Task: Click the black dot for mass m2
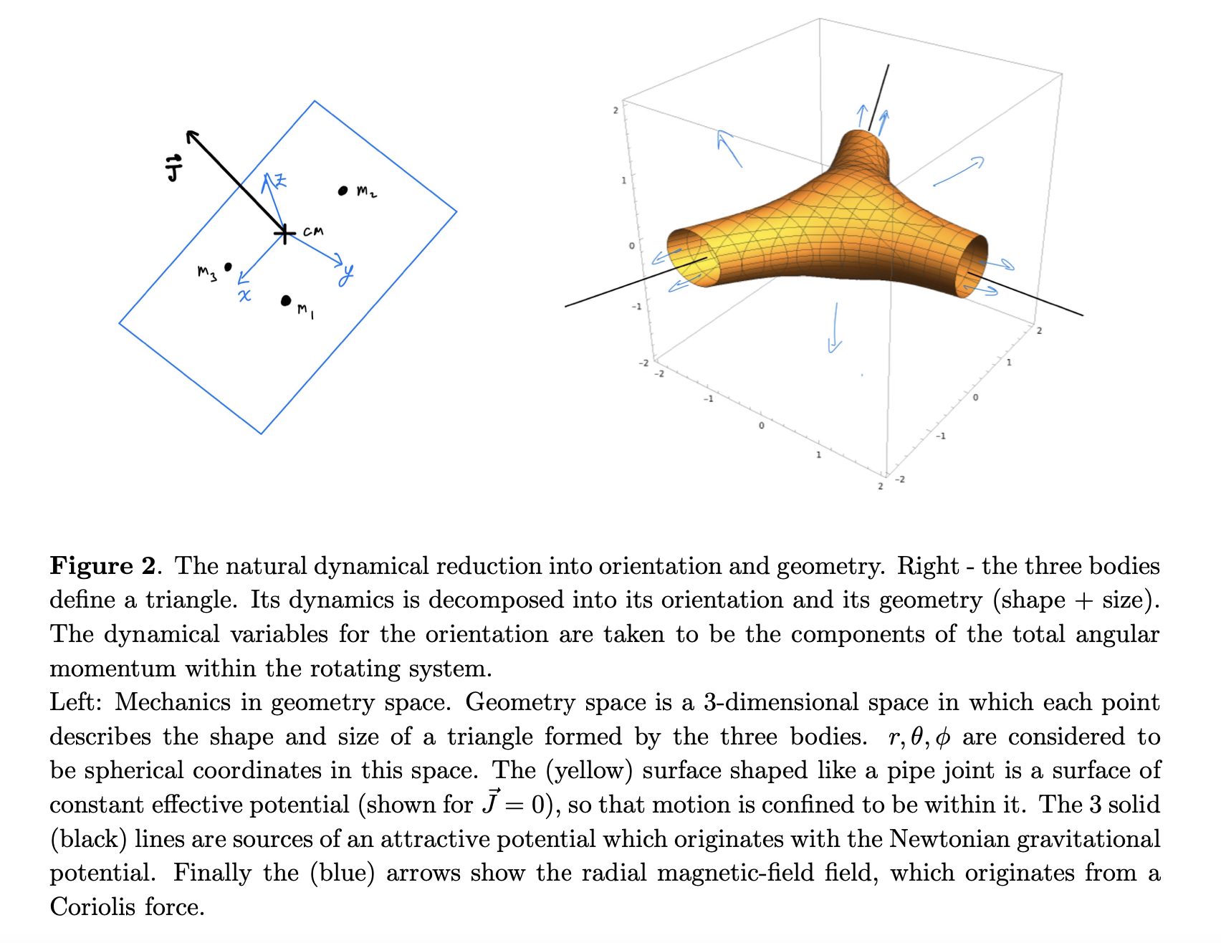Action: point(343,191)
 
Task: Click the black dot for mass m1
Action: point(286,300)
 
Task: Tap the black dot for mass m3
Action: point(228,267)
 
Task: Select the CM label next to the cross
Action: point(313,231)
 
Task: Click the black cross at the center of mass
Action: point(284,233)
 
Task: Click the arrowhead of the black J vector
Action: point(191,135)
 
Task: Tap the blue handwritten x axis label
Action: point(244,295)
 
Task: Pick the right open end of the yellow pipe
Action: point(972,265)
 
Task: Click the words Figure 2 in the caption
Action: point(102,566)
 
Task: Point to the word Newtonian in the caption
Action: point(948,839)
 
